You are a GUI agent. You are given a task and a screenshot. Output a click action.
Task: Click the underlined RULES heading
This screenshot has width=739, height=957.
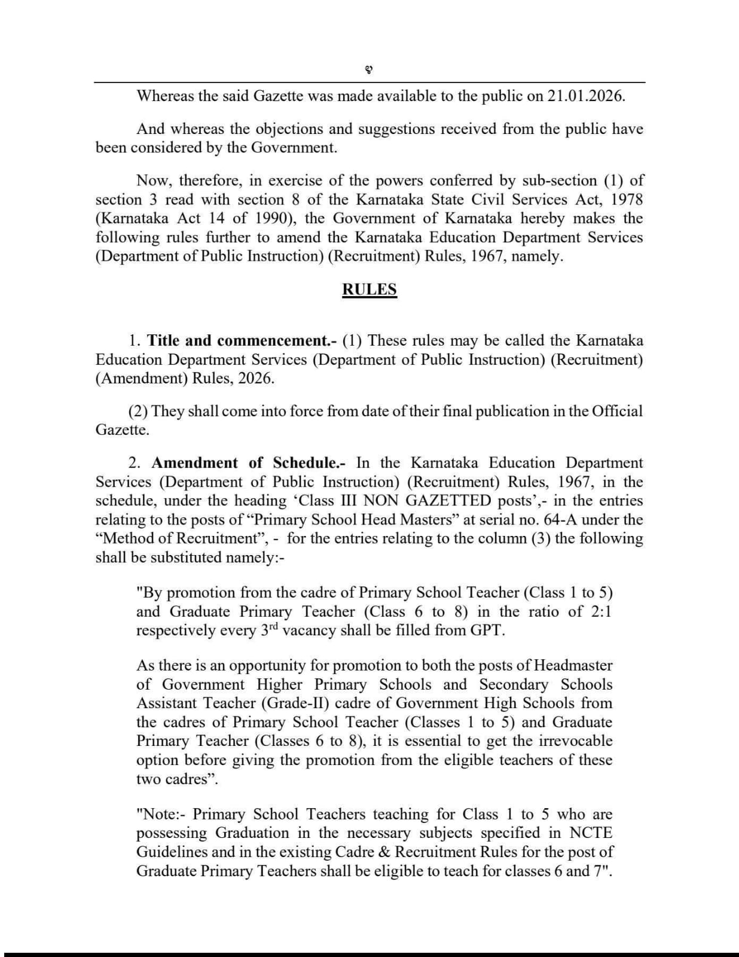point(369,289)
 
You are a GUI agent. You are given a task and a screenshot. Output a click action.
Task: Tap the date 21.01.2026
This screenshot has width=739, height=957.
point(586,96)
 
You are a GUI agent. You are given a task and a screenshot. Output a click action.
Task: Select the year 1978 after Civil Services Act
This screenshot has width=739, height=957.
point(627,199)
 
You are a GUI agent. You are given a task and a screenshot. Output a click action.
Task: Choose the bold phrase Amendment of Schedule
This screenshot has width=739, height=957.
point(245,463)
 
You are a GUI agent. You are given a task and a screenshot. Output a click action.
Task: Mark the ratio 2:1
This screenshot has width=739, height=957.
point(600,611)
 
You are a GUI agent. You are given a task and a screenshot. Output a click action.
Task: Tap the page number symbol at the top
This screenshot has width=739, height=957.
point(369,70)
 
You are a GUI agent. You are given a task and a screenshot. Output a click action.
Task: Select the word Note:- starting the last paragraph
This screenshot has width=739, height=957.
point(161,815)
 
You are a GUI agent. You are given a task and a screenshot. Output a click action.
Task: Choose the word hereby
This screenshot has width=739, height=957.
point(542,218)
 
